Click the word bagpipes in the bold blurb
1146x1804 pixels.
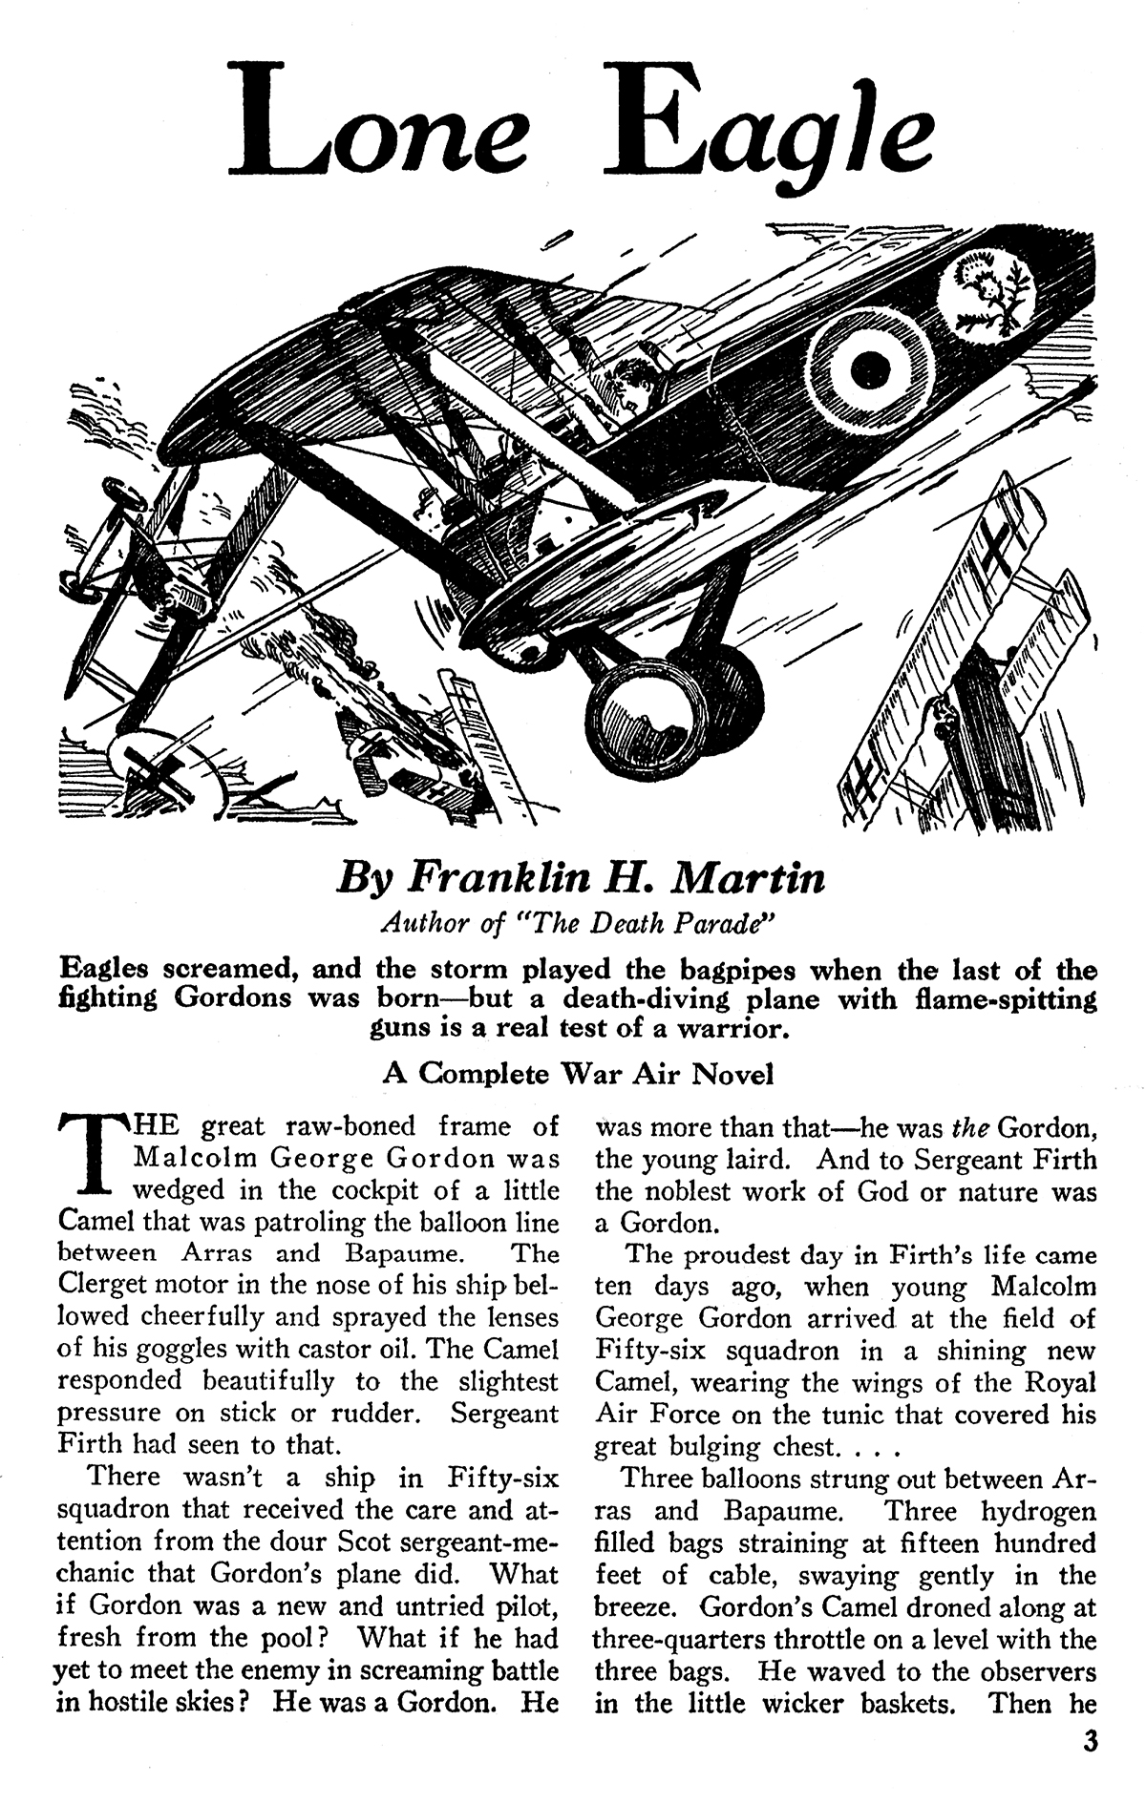pos(734,970)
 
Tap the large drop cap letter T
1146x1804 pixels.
pos(91,1157)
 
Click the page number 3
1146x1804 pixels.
pos(1090,1743)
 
